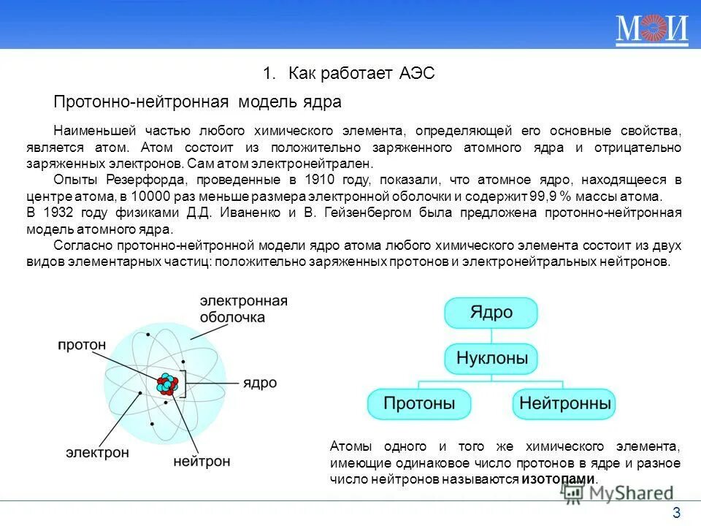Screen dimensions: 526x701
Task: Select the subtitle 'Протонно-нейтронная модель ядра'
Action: pyautogui.click(x=198, y=102)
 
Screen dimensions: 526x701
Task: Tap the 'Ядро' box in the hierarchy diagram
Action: pyautogui.click(x=491, y=313)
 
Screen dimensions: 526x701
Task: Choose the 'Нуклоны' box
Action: pyautogui.click(x=491, y=359)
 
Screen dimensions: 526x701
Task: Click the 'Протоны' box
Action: pyautogui.click(x=419, y=403)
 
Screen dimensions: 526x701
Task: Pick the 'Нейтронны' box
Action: pyautogui.click(x=563, y=403)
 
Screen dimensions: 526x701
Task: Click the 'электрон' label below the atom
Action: pyautogui.click(x=97, y=452)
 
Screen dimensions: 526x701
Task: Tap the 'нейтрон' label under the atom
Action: pyautogui.click(x=202, y=462)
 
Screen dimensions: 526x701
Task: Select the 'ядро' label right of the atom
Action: pyautogui.click(x=260, y=382)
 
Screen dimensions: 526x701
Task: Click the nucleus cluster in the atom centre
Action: pyautogui.click(x=166, y=383)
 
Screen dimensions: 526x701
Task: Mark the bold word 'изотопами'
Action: pyautogui.click(x=559, y=479)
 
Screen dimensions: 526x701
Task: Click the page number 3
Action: pyautogui.click(x=676, y=511)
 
